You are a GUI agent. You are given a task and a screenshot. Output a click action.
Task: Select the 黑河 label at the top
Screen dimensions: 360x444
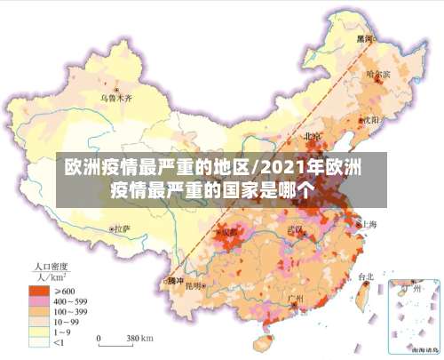point(364,40)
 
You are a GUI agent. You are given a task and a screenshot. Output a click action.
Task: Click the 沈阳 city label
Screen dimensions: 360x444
point(370,119)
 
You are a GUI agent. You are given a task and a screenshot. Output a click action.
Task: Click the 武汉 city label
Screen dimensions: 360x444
point(295,229)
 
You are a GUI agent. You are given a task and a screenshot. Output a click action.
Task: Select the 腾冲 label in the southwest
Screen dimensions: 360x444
point(175,281)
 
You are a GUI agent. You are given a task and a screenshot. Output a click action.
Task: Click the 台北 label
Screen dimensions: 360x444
point(365,276)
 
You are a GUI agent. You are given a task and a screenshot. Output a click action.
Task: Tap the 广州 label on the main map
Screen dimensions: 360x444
point(297,297)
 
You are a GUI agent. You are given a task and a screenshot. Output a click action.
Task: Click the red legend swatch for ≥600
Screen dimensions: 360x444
point(37,290)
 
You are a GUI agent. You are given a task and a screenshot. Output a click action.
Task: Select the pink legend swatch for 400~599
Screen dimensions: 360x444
point(37,301)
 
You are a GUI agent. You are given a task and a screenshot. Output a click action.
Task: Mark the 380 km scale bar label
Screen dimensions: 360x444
point(139,339)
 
